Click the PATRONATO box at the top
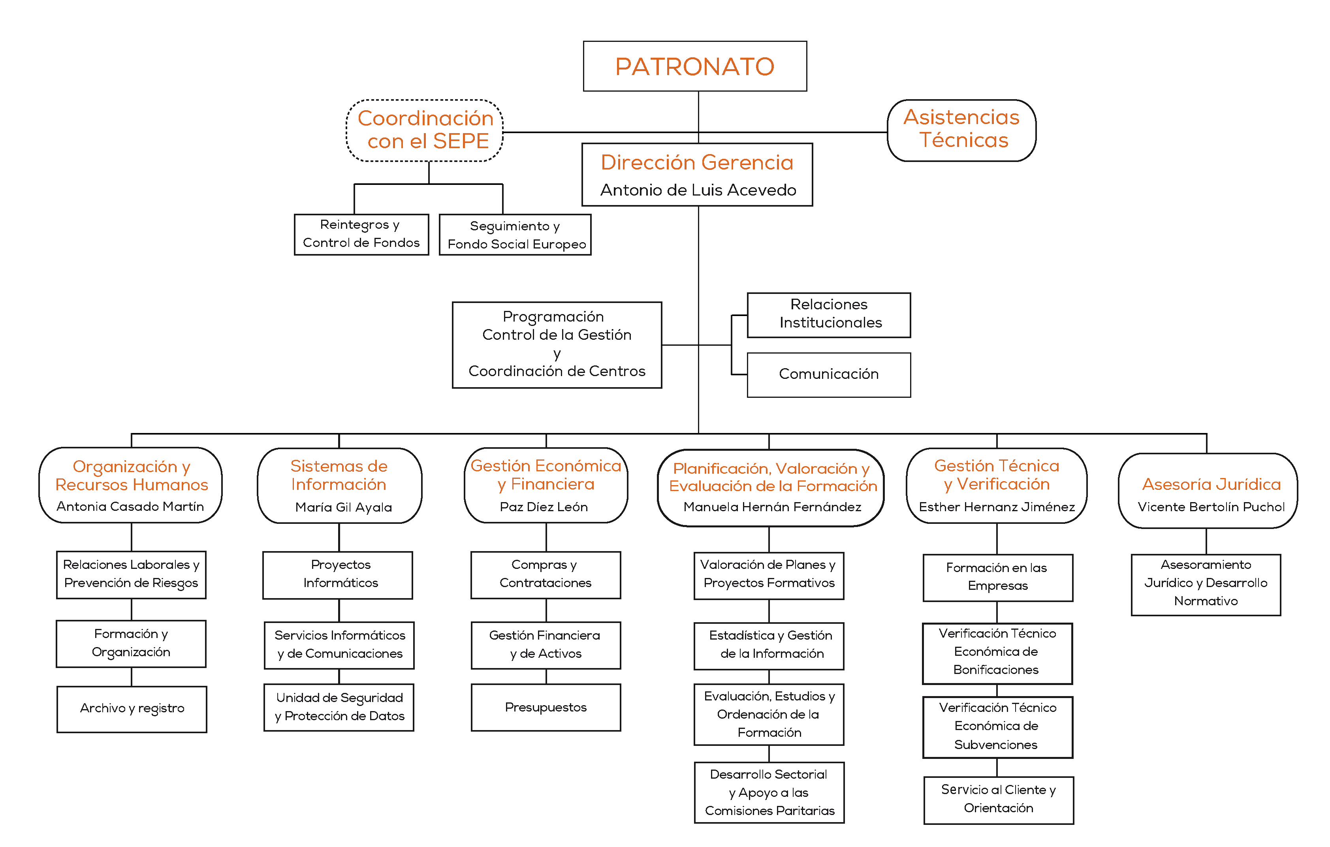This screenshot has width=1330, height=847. tap(695, 66)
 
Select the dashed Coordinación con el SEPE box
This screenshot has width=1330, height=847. tap(425, 130)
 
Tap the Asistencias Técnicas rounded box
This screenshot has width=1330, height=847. tap(961, 130)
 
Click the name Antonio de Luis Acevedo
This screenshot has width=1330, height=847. tap(698, 190)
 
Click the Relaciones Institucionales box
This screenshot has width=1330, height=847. tap(829, 315)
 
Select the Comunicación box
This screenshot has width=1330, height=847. tap(829, 375)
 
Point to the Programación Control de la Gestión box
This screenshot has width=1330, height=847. tap(557, 345)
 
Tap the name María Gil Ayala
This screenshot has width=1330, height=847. tap(344, 507)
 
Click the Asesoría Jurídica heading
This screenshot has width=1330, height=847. tap(1211, 484)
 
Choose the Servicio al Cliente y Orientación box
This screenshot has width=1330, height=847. tap(999, 800)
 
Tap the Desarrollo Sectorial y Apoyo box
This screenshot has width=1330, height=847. tap(769, 792)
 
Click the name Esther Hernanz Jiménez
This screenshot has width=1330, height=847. tap(997, 507)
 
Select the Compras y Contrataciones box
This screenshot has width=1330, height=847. tap(546, 575)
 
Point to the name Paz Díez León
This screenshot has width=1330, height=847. tap(544, 507)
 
